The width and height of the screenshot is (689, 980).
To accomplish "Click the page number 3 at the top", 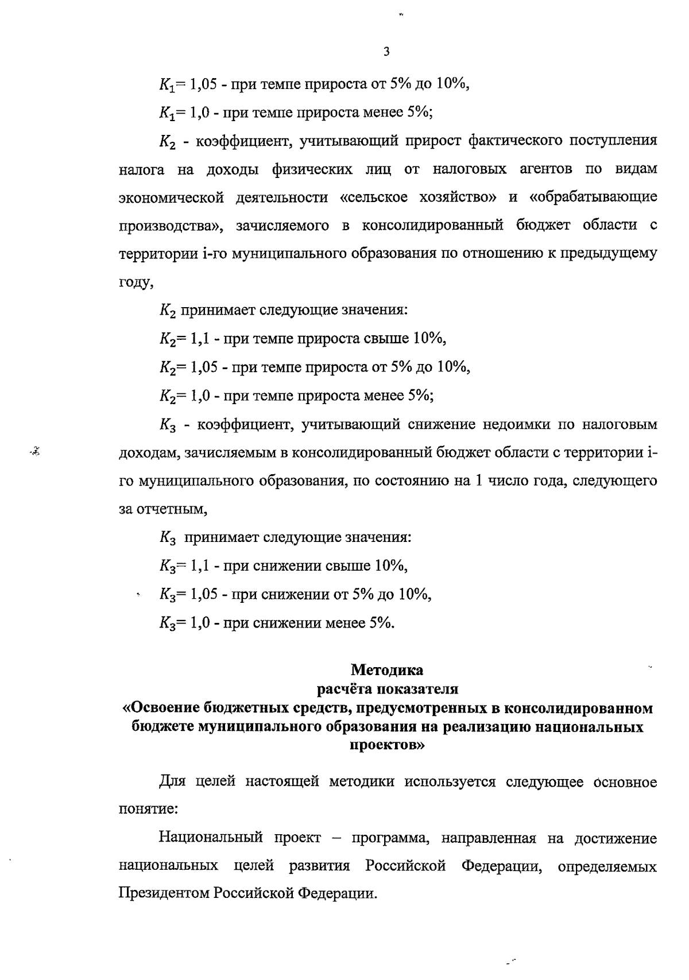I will click(x=386, y=52).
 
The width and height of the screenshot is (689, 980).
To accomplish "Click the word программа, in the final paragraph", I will click(x=389, y=838).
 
